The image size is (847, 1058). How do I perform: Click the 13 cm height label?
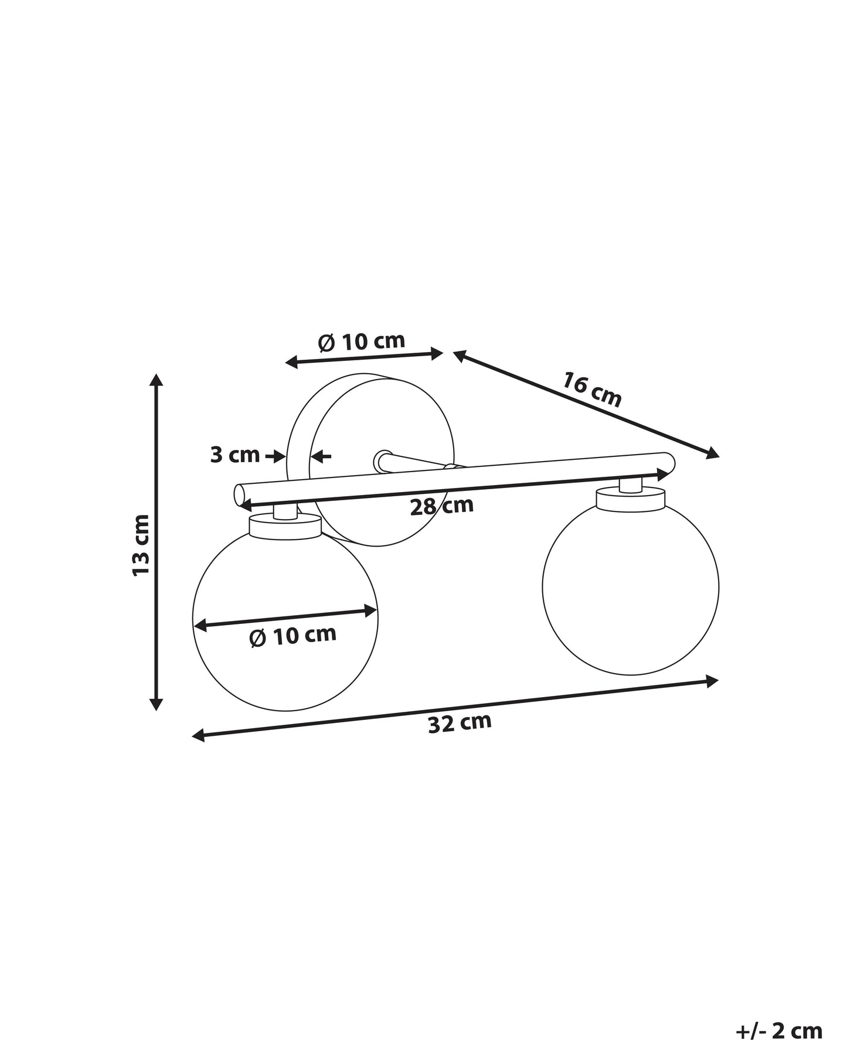141,545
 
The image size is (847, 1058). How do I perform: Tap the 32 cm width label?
460,723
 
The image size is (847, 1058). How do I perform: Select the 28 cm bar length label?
441,506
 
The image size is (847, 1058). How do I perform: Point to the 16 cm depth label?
592,388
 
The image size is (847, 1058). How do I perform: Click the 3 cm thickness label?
234,455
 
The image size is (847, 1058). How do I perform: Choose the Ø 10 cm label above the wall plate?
362,342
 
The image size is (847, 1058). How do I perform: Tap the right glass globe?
631,589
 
